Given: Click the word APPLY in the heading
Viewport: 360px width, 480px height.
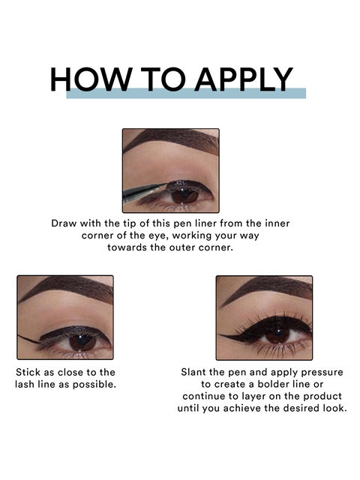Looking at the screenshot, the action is click(x=244, y=79).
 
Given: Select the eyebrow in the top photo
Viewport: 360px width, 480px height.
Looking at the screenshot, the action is click(x=172, y=142).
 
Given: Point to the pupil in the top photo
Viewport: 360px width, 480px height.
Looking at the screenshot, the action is click(x=184, y=195).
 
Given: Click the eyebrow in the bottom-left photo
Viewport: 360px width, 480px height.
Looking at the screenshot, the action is click(x=65, y=289).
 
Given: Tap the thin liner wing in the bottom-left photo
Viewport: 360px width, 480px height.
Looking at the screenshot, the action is click(x=29, y=339).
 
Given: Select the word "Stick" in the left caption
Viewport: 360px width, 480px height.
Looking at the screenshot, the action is click(x=28, y=373).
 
